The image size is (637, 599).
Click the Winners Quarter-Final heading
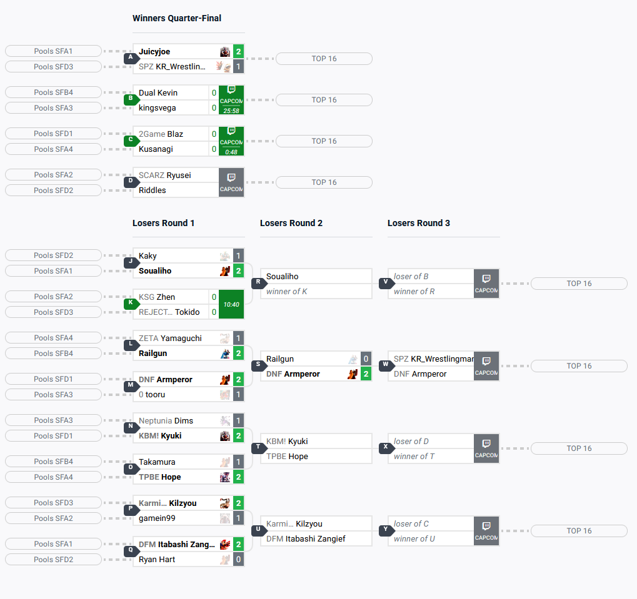(177, 18)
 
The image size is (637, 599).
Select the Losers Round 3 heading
(418, 223)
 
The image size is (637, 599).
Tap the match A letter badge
(131, 57)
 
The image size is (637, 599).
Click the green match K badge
(131, 303)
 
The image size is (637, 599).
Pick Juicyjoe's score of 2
(238, 52)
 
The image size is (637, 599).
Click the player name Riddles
(153, 191)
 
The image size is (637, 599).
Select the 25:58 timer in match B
(231, 111)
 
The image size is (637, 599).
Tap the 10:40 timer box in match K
(231, 304)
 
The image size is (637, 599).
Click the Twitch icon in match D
(231, 177)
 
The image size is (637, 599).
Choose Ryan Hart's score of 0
(238, 560)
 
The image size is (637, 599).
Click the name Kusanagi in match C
(156, 149)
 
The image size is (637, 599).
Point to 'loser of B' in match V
(411, 276)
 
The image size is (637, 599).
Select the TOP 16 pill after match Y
(579, 531)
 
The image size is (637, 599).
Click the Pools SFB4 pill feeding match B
(53, 92)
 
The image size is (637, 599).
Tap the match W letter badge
(386, 365)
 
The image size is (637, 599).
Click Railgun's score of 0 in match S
(366, 359)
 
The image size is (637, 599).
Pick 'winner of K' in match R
(286, 292)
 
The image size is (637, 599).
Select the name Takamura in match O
(157, 462)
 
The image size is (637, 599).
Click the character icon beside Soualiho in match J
(225, 271)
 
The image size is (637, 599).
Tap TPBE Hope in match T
(287, 457)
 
